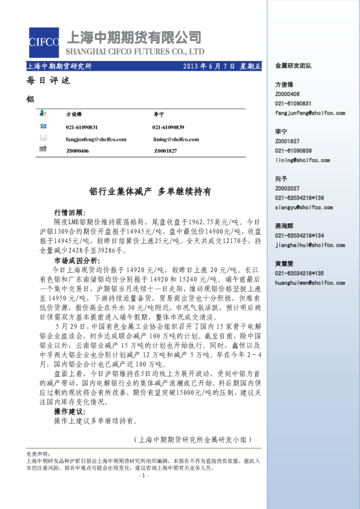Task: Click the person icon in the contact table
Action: tap(43, 114)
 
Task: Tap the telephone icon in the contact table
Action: tap(43, 126)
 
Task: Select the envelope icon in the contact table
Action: tap(43, 138)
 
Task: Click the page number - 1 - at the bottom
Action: tap(144, 475)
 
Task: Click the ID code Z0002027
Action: tap(287, 189)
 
